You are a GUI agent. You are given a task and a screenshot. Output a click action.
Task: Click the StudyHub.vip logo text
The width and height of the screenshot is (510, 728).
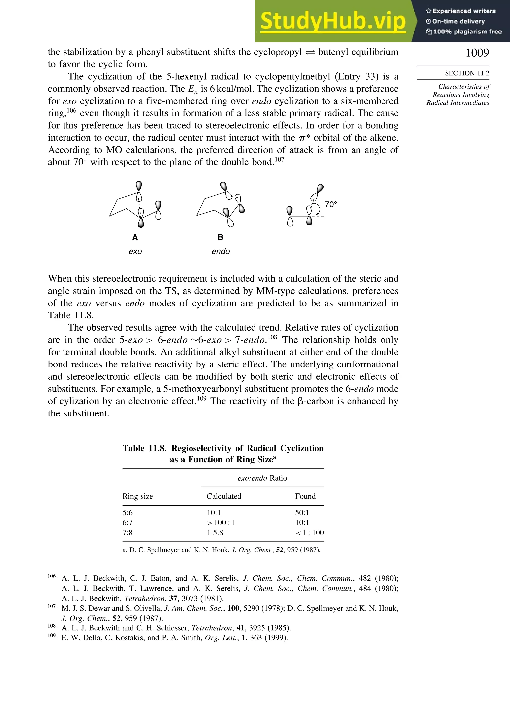[333, 21]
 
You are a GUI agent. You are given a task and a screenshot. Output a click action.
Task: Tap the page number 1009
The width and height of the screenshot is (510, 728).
[477, 53]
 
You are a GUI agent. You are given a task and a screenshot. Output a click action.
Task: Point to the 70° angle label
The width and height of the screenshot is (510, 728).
[331, 204]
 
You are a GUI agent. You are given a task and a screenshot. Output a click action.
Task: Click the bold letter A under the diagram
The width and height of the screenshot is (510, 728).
[135, 237]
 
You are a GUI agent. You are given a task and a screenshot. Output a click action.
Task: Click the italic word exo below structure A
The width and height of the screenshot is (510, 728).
[135, 252]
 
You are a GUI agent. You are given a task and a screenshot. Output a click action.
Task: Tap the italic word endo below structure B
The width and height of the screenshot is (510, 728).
[221, 252]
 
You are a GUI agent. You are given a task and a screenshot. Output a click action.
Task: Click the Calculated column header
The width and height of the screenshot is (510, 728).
[224, 496]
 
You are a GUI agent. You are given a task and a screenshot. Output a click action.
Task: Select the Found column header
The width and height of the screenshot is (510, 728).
[305, 496]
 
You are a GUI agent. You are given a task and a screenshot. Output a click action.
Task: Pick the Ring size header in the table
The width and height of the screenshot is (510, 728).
[137, 496]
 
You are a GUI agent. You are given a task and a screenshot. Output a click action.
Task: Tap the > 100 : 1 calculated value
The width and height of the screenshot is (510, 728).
[221, 522]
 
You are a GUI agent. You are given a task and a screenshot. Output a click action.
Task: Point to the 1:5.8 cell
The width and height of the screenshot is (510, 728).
[215, 533]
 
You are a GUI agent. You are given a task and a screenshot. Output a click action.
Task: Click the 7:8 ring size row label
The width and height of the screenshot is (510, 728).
[127, 533]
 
